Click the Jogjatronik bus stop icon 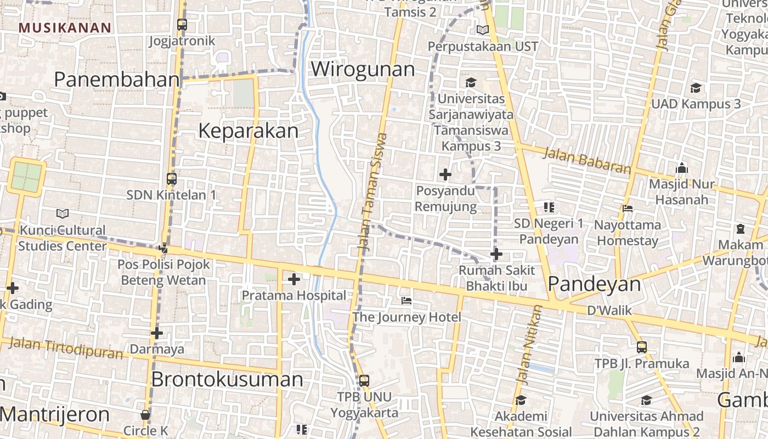click(x=182, y=25)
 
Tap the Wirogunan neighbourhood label click(x=363, y=70)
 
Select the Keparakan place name click(x=248, y=131)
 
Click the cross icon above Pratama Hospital click(x=294, y=280)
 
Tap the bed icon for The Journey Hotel click(x=406, y=301)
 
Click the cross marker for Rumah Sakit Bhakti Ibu click(x=496, y=255)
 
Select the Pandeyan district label click(x=594, y=284)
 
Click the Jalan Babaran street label click(x=586, y=160)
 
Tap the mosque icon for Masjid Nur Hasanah click(x=682, y=168)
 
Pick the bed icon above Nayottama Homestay click(x=628, y=209)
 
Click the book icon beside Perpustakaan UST click(x=483, y=30)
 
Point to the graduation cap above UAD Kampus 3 click(x=696, y=88)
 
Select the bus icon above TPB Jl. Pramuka click(x=642, y=347)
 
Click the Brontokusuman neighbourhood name click(x=227, y=380)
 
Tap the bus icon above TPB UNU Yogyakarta click(x=364, y=380)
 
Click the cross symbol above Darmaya click(x=157, y=333)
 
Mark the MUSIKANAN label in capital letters click(x=65, y=28)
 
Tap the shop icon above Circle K click(x=145, y=415)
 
